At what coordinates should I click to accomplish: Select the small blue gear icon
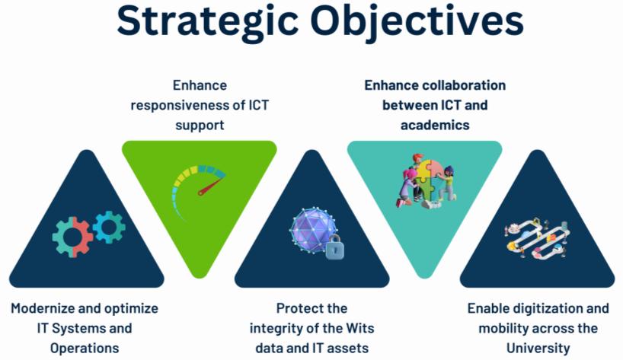coord(108,226)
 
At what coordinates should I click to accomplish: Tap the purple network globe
coord(312,229)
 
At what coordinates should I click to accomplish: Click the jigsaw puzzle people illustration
coord(425,181)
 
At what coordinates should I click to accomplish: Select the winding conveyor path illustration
coord(537,237)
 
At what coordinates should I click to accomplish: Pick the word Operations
coord(85,348)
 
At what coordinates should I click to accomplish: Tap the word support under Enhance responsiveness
coord(199,125)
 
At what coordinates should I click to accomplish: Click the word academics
coord(434,125)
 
